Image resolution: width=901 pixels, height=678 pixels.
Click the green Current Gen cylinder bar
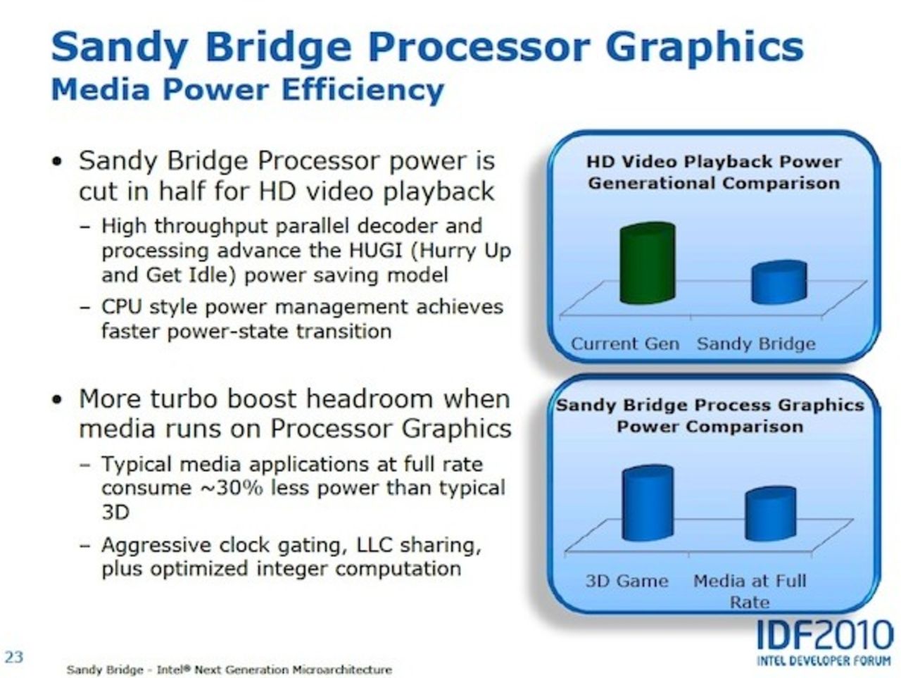click(647, 264)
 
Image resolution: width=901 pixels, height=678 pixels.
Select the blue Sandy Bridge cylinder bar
click(779, 283)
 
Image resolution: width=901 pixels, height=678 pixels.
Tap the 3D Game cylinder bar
click(647, 504)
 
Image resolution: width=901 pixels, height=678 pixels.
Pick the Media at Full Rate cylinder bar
click(770, 515)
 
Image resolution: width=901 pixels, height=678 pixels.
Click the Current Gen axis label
click(624, 344)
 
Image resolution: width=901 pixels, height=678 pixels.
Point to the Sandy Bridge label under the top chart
click(756, 344)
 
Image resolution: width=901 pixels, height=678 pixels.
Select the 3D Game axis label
click(626, 582)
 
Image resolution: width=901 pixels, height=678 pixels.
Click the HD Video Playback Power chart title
click(714, 172)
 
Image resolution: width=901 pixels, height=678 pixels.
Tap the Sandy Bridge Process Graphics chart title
click(710, 415)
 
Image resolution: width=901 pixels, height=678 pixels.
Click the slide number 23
click(14, 657)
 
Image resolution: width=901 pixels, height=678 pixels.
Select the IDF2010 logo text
click(824, 637)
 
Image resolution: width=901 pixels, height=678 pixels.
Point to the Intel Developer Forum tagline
click(824, 661)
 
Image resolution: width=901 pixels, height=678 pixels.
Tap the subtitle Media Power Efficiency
click(248, 90)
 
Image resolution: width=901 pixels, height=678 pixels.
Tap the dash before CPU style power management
click(85, 308)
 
